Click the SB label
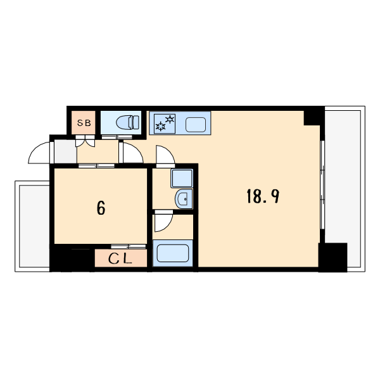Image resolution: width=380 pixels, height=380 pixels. pyautogui.click(x=83, y=123)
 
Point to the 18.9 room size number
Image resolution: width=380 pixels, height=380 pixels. pyautogui.click(x=262, y=196)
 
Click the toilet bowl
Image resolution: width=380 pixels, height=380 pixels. pyautogui.click(x=129, y=122)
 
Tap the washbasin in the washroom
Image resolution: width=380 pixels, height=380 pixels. pyautogui.click(x=184, y=199)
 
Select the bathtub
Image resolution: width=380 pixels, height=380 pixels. pyautogui.click(x=173, y=254)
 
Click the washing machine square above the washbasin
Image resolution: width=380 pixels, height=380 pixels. pyautogui.click(x=182, y=179)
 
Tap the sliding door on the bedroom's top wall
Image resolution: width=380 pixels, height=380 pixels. pyautogui.click(x=96, y=165)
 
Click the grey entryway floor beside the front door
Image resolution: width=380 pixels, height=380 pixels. pyautogui.click(x=65, y=152)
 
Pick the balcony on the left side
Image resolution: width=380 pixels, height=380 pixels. pyautogui.click(x=32, y=225)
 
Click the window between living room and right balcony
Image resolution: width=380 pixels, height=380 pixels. pyautogui.click(x=322, y=190)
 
